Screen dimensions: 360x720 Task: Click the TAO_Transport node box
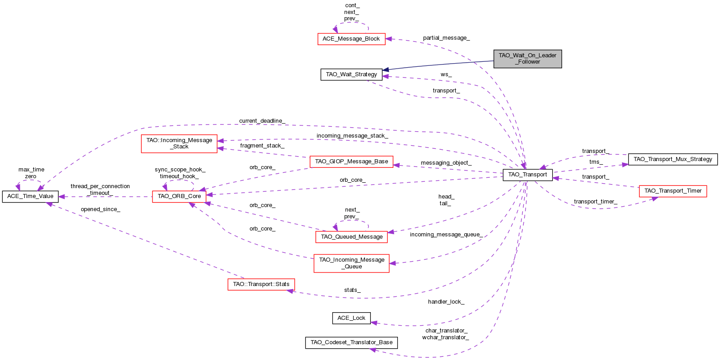pyautogui.click(x=527, y=175)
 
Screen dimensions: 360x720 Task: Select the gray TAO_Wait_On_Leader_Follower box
pyautogui.click(x=527, y=59)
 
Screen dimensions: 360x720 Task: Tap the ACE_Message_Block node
pyautogui.click(x=351, y=39)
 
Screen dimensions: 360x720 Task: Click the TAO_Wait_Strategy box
pyautogui.click(x=351, y=74)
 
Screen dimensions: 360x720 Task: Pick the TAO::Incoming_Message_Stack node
pyautogui.click(x=179, y=143)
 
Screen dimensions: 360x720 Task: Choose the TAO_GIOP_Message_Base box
pyautogui.click(x=351, y=162)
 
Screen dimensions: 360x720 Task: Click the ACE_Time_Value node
pyautogui.click(x=30, y=196)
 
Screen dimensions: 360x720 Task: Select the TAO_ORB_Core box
pyautogui.click(x=179, y=196)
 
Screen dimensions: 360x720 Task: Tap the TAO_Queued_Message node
pyautogui.click(x=351, y=237)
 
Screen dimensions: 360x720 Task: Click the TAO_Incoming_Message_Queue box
pyautogui.click(x=351, y=263)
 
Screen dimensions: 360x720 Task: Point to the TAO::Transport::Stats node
pyautogui.click(x=261, y=284)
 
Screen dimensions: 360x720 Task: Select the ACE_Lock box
pyautogui.click(x=351, y=318)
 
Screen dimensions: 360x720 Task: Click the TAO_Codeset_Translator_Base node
pyautogui.click(x=351, y=342)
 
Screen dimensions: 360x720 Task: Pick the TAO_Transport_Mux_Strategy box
pyautogui.click(x=673, y=159)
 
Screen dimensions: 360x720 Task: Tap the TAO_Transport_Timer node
pyautogui.click(x=673, y=191)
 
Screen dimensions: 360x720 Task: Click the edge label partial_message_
pyautogui.click(x=446, y=38)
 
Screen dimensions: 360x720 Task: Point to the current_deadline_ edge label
pyautogui.click(x=262, y=121)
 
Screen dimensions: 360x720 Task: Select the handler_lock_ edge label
pyautogui.click(x=446, y=302)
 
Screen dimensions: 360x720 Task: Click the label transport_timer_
pyautogui.click(x=595, y=202)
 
